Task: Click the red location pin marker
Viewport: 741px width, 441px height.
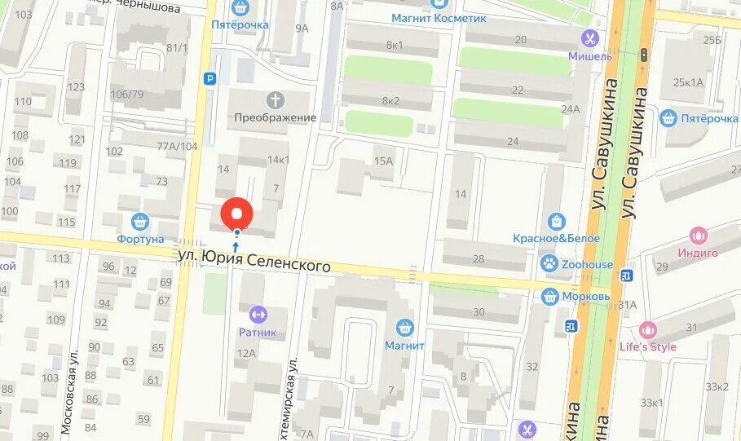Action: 237,214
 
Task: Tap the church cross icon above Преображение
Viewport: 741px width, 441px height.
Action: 276,100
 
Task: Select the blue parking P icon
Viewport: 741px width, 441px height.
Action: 210,79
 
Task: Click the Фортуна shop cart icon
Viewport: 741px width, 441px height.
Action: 140,221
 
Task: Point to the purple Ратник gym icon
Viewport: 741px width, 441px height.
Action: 258,314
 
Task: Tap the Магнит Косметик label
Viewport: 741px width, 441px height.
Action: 438,17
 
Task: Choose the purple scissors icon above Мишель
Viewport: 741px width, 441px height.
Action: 589,37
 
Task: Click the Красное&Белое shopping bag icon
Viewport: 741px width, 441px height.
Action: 557,221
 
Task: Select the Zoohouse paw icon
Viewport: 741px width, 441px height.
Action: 549,263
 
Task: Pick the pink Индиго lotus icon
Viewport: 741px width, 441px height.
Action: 698,236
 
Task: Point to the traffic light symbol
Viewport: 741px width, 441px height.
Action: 643,55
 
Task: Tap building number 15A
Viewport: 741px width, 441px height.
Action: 383,161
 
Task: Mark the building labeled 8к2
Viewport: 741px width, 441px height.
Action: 390,100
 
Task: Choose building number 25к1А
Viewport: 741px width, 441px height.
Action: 688,82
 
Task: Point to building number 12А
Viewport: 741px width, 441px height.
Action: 246,353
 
